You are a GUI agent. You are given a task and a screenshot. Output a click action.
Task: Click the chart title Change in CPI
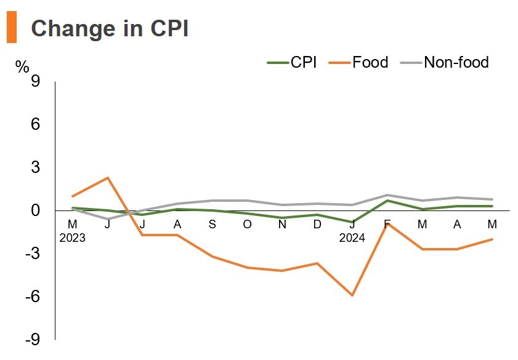click(x=109, y=29)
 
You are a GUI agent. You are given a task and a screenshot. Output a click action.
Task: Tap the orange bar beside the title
click(x=11, y=28)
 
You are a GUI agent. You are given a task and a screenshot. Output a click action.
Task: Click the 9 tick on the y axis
click(x=35, y=81)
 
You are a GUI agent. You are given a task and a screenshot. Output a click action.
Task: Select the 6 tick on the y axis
click(x=35, y=124)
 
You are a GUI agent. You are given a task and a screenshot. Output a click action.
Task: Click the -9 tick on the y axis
click(x=32, y=340)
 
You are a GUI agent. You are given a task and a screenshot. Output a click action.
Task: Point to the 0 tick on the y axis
click(x=35, y=210)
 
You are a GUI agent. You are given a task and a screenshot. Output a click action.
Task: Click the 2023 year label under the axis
click(x=72, y=238)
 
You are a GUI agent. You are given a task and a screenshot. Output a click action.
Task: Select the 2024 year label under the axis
click(x=352, y=238)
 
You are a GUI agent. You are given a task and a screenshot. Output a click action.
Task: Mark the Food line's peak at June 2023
click(x=108, y=178)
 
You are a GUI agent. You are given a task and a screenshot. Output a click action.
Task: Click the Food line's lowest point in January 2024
click(x=352, y=295)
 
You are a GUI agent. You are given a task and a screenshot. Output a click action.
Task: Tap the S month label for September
click(x=212, y=224)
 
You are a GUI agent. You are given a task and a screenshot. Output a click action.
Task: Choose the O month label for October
click(x=248, y=224)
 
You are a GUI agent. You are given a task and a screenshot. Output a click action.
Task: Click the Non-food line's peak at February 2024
click(x=387, y=195)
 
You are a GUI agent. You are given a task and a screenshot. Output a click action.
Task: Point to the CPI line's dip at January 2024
click(x=352, y=222)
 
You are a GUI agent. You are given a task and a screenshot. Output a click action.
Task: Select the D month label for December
click(x=317, y=224)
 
